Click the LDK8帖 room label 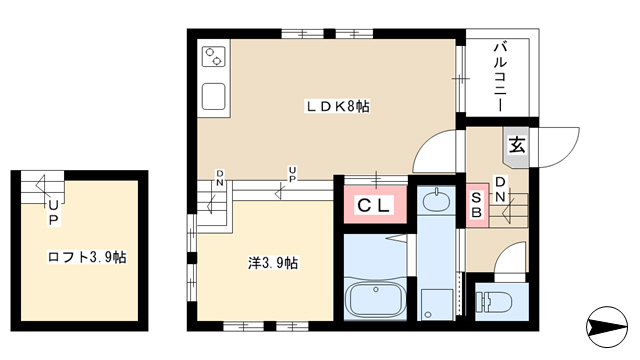(x=338, y=107)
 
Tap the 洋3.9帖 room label (x=273, y=263)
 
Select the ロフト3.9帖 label (x=87, y=257)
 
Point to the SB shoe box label (x=476, y=205)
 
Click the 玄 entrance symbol (x=517, y=145)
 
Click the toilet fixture (x=495, y=302)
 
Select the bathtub (x=376, y=299)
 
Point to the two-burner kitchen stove (x=214, y=57)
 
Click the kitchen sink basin (x=213, y=96)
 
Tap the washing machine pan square (x=437, y=304)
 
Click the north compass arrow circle (x=607, y=327)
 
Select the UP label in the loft (x=53, y=213)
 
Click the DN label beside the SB (x=500, y=189)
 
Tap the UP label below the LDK (x=292, y=174)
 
